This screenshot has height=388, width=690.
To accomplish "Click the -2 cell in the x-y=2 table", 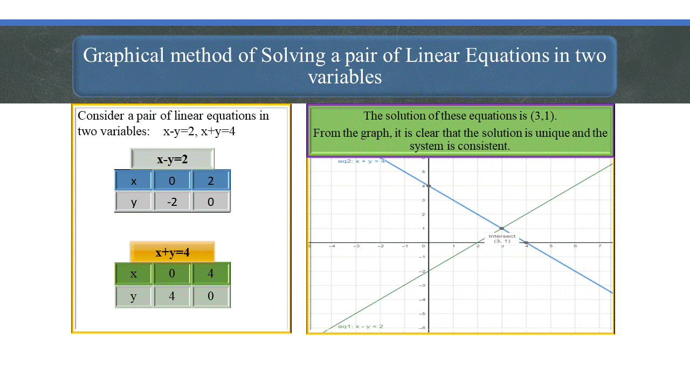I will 172,202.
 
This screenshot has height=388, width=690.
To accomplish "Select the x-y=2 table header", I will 172,159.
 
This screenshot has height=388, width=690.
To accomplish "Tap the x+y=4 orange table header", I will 172,252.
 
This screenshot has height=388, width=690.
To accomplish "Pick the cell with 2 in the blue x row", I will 211,181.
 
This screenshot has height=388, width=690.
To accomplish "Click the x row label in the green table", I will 134,274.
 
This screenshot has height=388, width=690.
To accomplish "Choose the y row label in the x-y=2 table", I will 134,202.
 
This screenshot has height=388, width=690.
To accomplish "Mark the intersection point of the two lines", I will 502,228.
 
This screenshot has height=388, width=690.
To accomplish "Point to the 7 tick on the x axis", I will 599,246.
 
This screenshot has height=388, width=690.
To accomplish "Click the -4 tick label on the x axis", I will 332,246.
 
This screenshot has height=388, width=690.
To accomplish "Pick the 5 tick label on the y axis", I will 424,172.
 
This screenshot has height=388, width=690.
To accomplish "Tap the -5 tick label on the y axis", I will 423,313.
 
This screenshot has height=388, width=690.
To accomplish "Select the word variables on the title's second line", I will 345,77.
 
